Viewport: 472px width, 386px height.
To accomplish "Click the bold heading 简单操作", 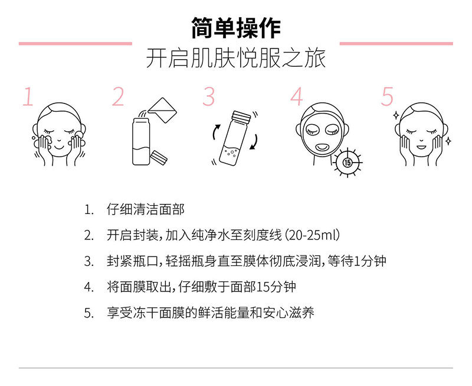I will coord(235,27).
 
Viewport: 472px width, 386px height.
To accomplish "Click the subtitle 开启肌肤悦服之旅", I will coord(235,60).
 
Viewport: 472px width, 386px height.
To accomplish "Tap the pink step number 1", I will coord(28,97).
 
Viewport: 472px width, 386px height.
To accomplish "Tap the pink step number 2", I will coord(119,97).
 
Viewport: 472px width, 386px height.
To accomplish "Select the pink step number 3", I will coord(209,97).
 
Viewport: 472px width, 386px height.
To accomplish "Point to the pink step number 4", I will coord(297,97).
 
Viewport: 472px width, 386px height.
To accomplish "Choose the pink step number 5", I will coord(387,97).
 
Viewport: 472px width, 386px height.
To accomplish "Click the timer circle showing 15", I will coord(347,161).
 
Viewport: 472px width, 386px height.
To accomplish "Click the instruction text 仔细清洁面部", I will coord(145,210).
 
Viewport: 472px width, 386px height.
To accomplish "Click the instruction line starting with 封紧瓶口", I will coord(246,261).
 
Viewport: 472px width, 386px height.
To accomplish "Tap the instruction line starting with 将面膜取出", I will coord(201,287).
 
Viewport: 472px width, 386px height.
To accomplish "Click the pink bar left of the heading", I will coord(75,43).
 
